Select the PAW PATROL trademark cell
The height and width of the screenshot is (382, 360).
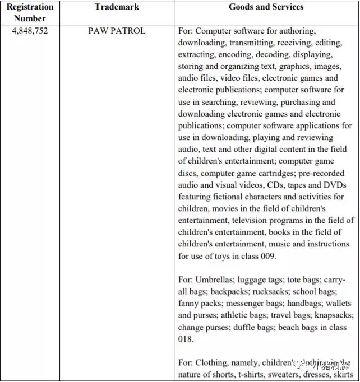117,31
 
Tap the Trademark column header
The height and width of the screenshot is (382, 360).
117,7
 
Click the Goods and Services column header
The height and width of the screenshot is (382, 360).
266,7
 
